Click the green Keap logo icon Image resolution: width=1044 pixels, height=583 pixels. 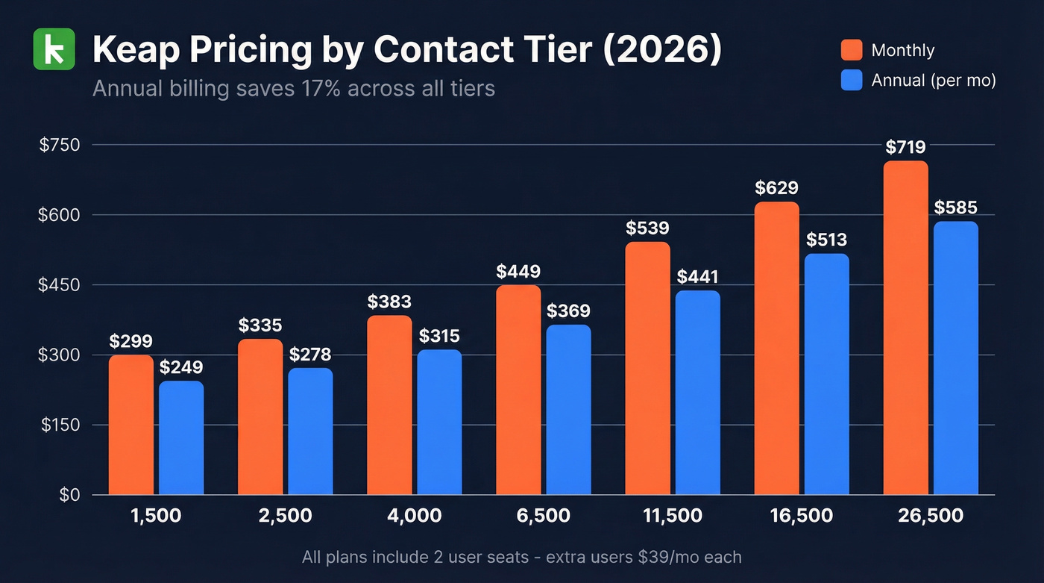tap(54, 49)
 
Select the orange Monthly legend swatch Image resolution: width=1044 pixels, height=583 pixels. tap(851, 50)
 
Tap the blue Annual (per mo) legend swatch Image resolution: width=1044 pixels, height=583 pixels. tap(851, 81)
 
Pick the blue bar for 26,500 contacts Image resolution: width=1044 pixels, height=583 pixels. tap(956, 358)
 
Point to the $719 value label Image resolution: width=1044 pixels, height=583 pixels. tap(905, 147)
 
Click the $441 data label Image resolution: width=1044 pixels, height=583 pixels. tap(697, 277)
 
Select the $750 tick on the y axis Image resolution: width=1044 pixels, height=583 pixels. tap(59, 145)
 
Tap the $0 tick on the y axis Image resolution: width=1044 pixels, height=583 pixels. tap(69, 495)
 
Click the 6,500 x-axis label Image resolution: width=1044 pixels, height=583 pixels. tap(543, 515)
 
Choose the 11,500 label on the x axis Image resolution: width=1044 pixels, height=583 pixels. tap(672, 515)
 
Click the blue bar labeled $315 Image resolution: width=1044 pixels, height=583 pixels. tap(439, 423)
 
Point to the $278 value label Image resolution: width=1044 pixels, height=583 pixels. tap(310, 354)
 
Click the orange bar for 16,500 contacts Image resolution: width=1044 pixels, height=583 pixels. tap(776, 348)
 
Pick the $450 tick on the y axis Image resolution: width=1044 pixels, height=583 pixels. tap(59, 284)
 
